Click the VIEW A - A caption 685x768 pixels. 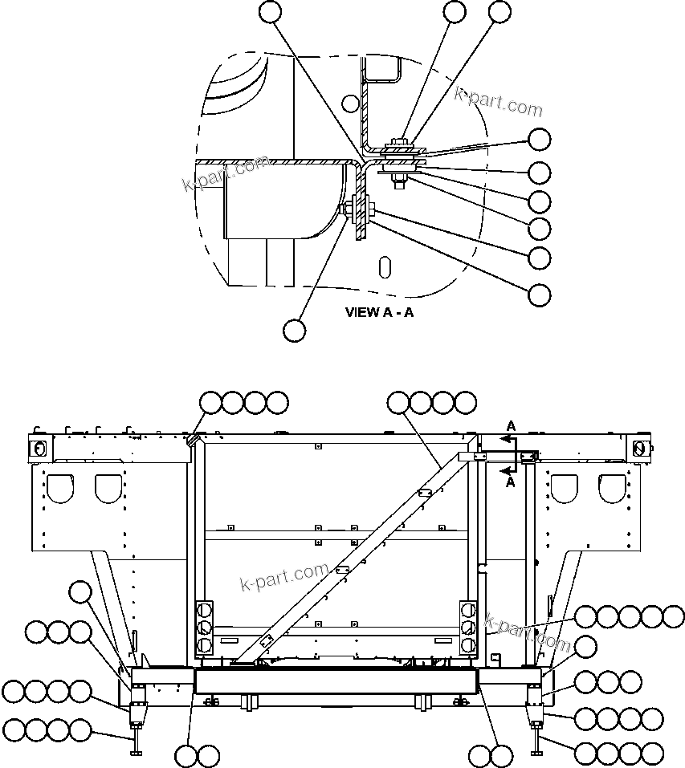point(379,312)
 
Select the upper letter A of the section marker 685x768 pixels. point(511,425)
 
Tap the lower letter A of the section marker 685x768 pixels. point(511,482)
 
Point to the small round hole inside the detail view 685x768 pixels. point(349,103)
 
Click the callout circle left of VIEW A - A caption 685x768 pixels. point(295,329)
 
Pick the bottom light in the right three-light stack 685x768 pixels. point(468,644)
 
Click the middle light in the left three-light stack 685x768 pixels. point(204,627)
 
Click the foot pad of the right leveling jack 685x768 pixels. point(536,752)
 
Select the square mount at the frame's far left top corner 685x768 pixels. point(37,446)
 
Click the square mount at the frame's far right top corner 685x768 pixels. point(640,447)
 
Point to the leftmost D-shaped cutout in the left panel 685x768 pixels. point(61,486)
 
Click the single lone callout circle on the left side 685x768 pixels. point(80,593)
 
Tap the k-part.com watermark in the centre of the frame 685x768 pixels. point(284,576)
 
